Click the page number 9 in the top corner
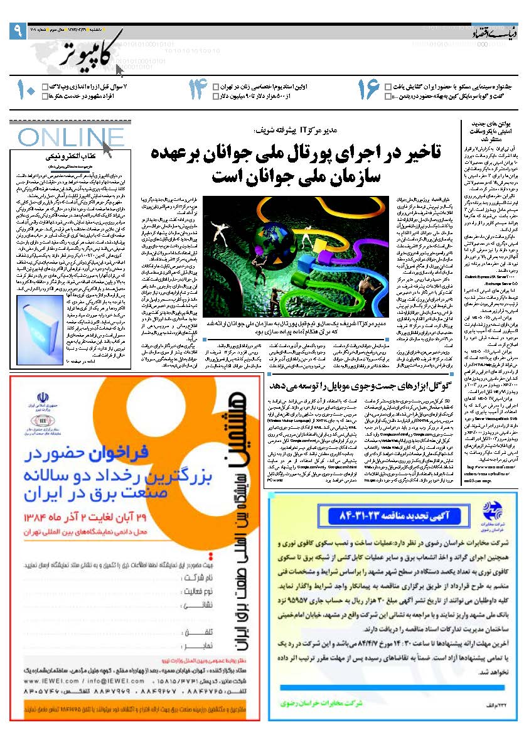tap(16, 30)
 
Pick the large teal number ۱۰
tap(26, 90)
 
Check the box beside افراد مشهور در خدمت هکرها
tap(44, 96)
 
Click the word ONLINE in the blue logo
tap(63, 137)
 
